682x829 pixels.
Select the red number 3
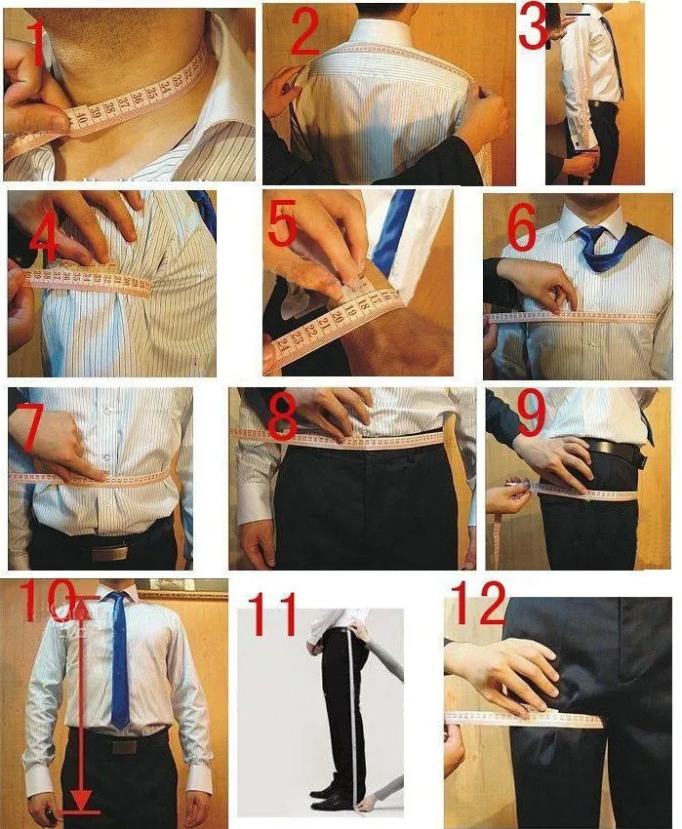[x=533, y=27]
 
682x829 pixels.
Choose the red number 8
[x=282, y=417]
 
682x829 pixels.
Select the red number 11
[x=277, y=617]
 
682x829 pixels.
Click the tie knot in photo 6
[x=592, y=236]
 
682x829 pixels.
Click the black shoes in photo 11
[x=332, y=794]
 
